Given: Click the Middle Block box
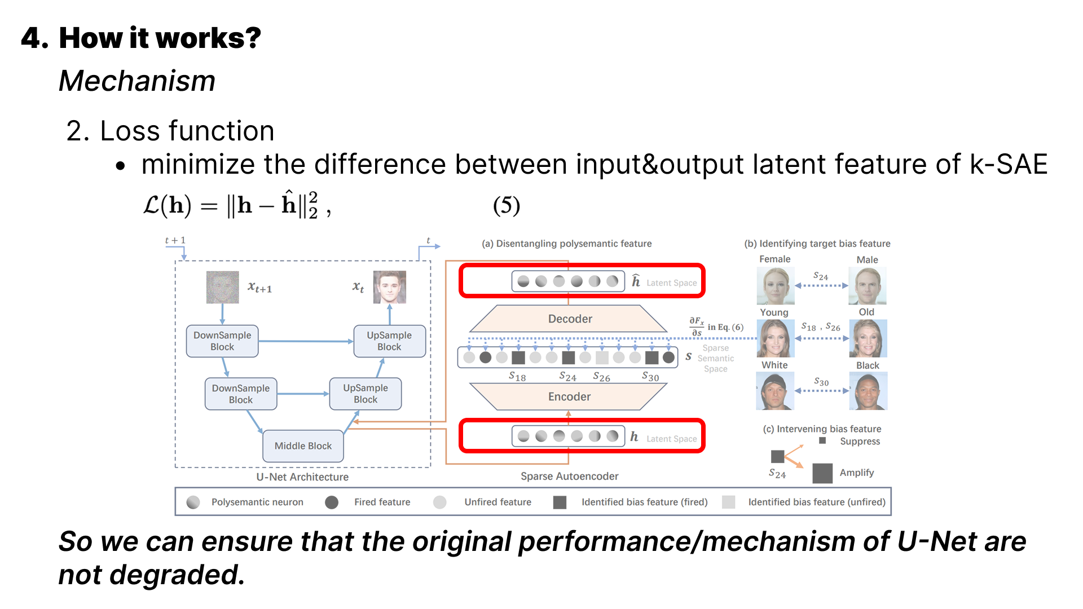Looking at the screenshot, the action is [x=303, y=446].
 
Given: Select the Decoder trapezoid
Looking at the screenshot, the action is [x=569, y=319].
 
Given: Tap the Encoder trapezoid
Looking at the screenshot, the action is [x=569, y=396].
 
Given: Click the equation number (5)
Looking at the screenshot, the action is [x=506, y=205].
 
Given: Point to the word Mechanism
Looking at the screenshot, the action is [x=137, y=81].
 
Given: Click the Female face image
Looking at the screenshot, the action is [x=775, y=285].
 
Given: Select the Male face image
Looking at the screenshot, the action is [x=868, y=285].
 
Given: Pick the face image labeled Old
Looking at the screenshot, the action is [x=868, y=338].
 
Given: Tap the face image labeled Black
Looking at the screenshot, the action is [x=868, y=391].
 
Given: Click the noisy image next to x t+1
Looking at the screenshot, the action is [x=222, y=287].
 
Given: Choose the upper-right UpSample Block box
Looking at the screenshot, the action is [x=389, y=341].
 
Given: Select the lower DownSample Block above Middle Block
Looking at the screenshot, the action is [x=241, y=394].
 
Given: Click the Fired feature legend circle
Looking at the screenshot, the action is [x=332, y=502].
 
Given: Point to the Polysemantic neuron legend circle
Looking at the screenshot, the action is [x=193, y=502].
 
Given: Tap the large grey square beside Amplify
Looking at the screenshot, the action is [x=822, y=473].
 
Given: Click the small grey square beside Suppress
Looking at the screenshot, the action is [x=822, y=440].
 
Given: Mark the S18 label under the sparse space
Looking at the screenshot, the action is [x=517, y=377].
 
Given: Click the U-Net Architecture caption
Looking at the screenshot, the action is [x=302, y=477].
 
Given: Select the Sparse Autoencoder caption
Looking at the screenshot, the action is [x=569, y=476].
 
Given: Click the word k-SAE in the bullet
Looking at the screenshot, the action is [x=1008, y=165].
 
